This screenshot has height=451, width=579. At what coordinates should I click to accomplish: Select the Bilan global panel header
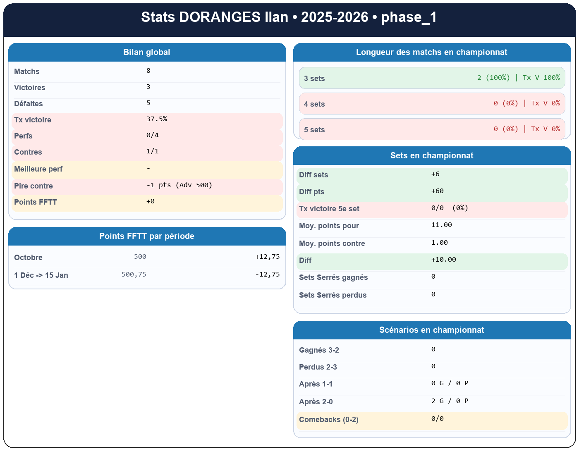point(147,52)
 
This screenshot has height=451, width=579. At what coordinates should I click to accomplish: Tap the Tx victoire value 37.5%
point(157,119)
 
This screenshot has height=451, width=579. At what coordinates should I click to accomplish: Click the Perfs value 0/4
point(153,135)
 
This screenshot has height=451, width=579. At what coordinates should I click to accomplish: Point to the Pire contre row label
point(33,186)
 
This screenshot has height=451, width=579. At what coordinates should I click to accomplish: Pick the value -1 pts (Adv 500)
point(179,185)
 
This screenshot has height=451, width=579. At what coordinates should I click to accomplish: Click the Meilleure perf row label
point(38,169)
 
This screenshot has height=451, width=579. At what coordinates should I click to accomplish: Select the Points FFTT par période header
point(147,236)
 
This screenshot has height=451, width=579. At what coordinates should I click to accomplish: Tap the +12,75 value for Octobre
point(267,257)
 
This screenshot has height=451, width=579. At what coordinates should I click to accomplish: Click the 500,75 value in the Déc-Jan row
point(134,274)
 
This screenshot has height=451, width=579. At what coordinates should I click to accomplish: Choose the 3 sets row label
point(314,79)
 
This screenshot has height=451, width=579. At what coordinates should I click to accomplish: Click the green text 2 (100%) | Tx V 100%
point(518,78)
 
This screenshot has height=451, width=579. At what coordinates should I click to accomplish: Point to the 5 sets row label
point(314,130)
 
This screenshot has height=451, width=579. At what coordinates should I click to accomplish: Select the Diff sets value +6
point(435,174)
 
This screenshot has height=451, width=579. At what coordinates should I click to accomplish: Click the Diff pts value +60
point(437,191)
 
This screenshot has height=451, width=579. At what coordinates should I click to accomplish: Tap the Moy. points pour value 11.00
point(441,225)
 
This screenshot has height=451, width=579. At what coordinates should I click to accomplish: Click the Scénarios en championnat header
point(432,330)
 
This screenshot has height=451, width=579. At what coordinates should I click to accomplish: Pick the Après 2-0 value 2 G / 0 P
point(450,401)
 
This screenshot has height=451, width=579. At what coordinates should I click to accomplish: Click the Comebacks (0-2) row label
point(328,420)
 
